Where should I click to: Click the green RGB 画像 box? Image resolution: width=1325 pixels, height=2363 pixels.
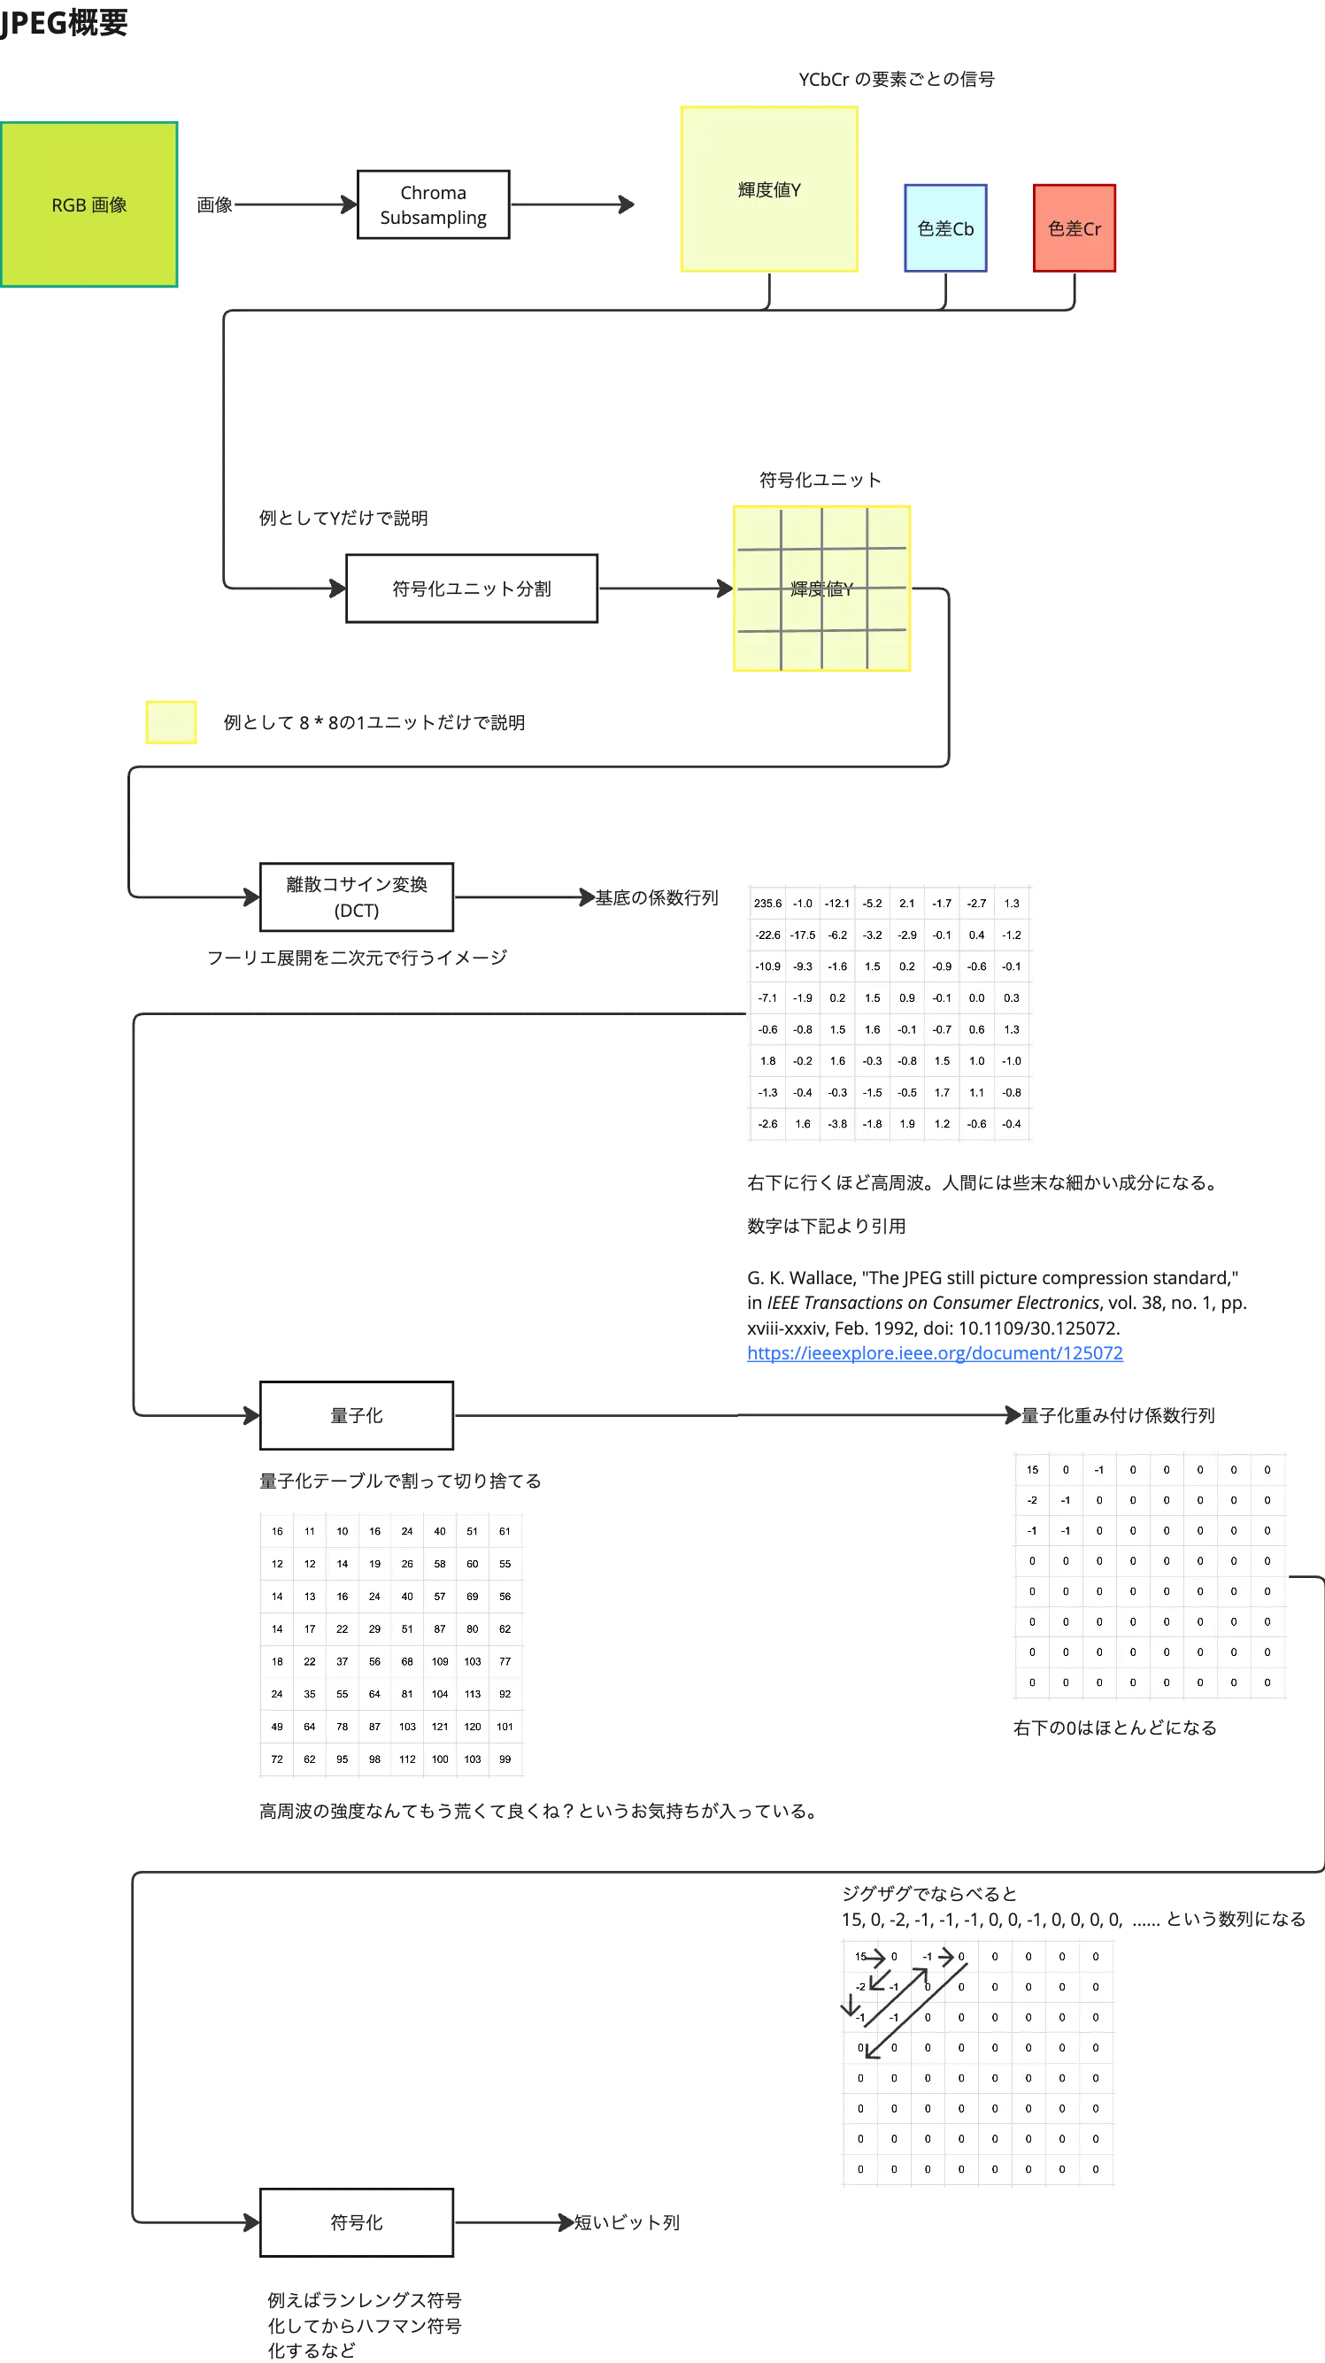click(x=90, y=204)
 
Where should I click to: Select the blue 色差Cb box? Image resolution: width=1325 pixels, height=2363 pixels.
click(x=945, y=227)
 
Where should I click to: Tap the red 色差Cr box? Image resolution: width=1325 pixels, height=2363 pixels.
click(x=1074, y=227)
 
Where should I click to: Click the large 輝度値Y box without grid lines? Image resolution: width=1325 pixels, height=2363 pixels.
click(x=770, y=188)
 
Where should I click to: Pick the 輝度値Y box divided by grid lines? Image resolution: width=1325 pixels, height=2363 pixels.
click(x=821, y=588)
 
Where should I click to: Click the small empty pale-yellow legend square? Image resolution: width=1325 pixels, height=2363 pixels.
click(x=170, y=722)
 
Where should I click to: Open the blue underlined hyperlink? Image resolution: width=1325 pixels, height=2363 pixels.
click(x=933, y=1355)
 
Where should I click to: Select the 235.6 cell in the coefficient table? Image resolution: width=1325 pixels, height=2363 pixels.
click(x=768, y=904)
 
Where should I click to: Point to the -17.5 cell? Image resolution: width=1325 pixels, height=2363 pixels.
click(x=803, y=935)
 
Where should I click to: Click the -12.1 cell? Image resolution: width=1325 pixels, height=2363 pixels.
click(x=836, y=904)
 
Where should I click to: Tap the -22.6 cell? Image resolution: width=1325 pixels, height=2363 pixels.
click(x=768, y=935)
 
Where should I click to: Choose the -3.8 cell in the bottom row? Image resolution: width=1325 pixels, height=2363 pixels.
click(x=836, y=1124)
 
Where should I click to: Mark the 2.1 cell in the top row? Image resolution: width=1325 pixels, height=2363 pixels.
click(x=906, y=904)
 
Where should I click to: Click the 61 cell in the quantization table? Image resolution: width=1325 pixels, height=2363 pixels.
click(x=505, y=1531)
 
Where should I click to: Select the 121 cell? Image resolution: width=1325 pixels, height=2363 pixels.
click(x=440, y=1727)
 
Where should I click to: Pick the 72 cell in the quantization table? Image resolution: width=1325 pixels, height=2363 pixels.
click(x=277, y=1759)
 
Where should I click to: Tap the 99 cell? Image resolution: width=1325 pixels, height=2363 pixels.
click(x=505, y=1759)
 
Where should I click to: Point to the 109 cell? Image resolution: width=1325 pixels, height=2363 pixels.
click(x=440, y=1661)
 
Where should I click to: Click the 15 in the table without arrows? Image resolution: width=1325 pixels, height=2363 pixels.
click(x=1032, y=1469)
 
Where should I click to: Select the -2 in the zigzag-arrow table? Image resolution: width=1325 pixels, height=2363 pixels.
click(x=859, y=1987)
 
